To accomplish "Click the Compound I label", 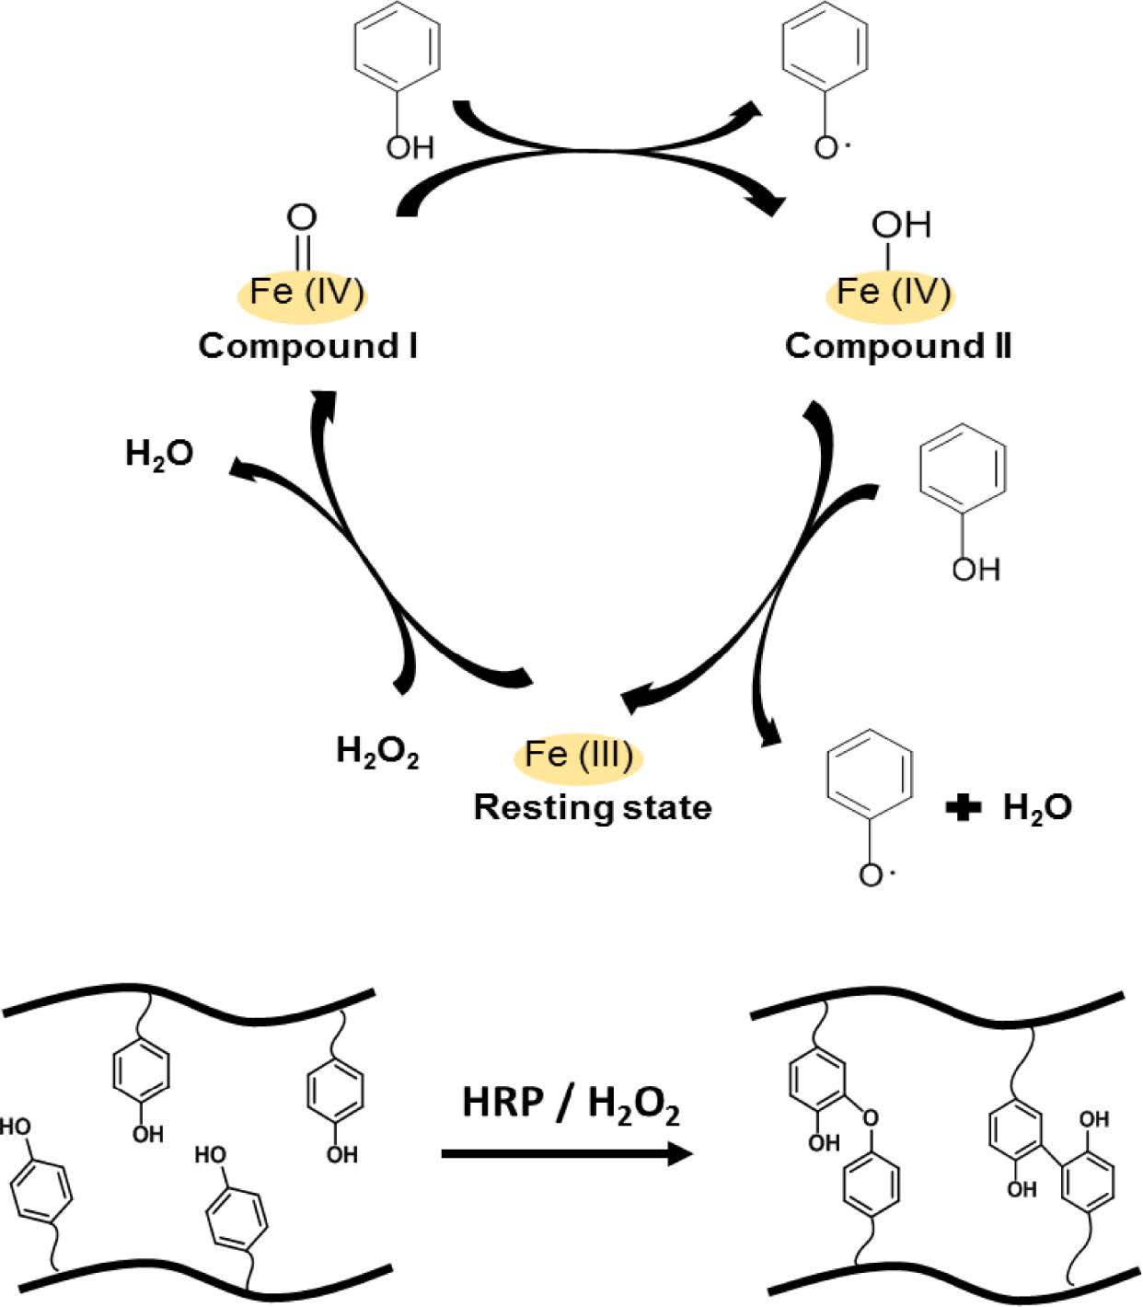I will [x=307, y=346].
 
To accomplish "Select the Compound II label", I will [x=897, y=346].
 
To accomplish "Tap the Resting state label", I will [x=592, y=807].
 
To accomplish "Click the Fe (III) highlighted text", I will [x=578, y=755].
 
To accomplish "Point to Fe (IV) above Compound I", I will [x=306, y=292].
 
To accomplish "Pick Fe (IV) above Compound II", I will [x=893, y=292].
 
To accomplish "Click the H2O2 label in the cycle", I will [x=377, y=752].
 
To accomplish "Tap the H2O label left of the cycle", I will [x=159, y=454].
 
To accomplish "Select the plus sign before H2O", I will [x=963, y=808].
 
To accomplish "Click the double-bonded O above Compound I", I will [x=302, y=218].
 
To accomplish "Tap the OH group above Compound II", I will [x=901, y=224].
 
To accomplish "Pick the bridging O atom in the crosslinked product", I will [x=870, y=1118].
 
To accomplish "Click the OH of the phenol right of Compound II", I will [x=976, y=570].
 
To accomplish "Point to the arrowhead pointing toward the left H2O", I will [x=244, y=468].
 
